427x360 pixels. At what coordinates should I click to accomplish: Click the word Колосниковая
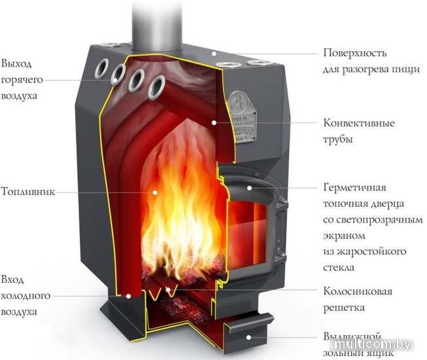point(358,291)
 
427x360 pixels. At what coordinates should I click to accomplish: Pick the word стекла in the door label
point(339,268)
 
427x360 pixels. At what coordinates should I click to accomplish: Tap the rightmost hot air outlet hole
point(156,84)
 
